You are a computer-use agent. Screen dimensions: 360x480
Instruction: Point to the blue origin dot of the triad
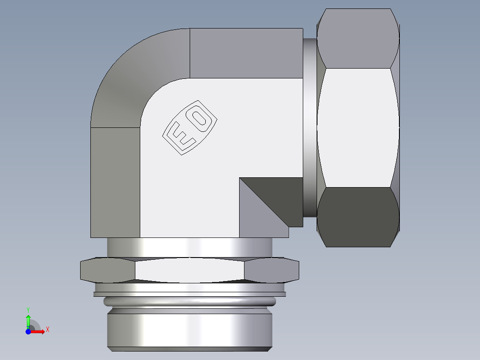tap(28, 331)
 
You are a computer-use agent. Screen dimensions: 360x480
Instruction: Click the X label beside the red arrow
tap(48, 330)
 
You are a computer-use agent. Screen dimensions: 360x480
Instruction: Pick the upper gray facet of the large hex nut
tap(358, 38)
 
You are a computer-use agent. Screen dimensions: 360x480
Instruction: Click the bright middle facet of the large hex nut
tap(358, 127)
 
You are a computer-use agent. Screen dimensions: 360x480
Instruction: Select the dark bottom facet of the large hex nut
tap(358, 217)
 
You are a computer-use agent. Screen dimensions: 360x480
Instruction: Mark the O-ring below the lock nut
tap(189, 302)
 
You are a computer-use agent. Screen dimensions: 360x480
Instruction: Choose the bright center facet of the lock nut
tap(189, 270)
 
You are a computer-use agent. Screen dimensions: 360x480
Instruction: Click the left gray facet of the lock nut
tap(107, 270)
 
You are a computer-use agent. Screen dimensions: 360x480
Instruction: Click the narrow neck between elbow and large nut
tap(310, 127)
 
